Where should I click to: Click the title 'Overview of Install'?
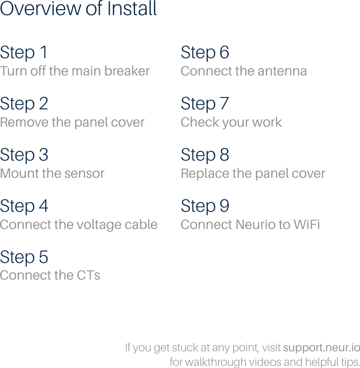(x=79, y=9)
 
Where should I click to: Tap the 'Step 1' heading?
(x=24, y=53)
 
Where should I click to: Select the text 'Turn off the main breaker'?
(x=75, y=71)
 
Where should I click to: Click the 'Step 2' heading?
(x=24, y=103)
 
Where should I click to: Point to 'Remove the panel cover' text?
(x=72, y=122)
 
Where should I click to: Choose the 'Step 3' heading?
(x=24, y=155)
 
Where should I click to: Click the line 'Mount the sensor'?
(x=52, y=173)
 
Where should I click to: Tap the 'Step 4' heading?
(x=24, y=206)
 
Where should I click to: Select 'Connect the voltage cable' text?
(x=79, y=225)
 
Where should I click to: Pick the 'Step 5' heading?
(x=24, y=258)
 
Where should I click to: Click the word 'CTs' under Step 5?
(x=88, y=275)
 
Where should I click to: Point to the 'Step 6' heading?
(x=205, y=53)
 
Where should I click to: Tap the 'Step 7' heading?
(x=205, y=103)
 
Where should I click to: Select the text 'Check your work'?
(x=231, y=122)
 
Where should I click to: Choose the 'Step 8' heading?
(x=205, y=155)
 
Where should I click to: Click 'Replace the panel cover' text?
(x=253, y=173)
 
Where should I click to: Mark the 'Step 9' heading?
(x=205, y=206)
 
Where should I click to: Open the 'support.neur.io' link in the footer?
(x=321, y=348)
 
